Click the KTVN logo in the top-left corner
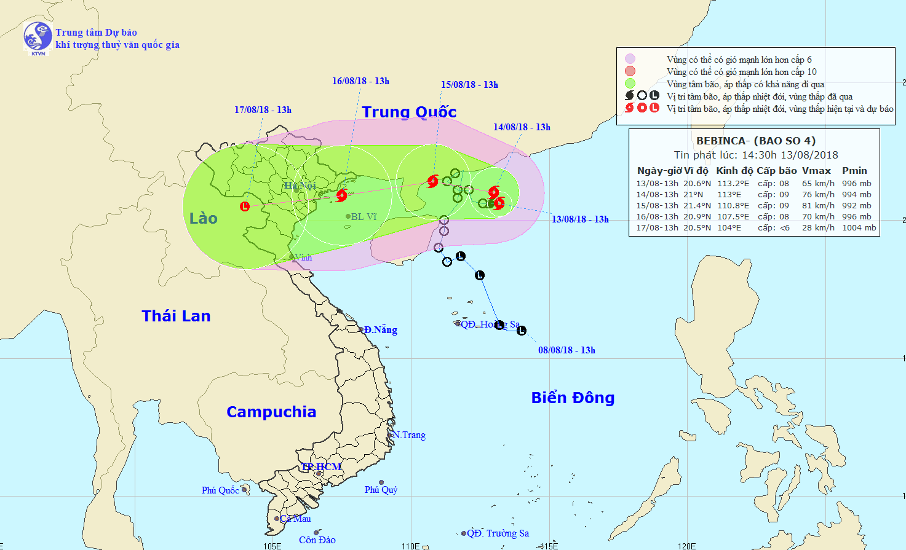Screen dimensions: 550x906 [x=38, y=38]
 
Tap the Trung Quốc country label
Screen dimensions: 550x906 [x=409, y=112]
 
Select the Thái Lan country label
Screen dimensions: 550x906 [x=176, y=316]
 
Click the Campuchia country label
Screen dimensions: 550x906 [x=271, y=412]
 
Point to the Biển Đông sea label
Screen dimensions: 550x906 [x=573, y=398]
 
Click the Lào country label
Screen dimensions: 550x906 [x=203, y=218]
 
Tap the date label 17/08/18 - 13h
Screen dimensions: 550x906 [x=263, y=110]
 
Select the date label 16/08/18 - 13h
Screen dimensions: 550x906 [x=360, y=81]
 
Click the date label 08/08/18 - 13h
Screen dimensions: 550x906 [x=566, y=350]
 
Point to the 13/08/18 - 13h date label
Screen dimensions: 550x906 [x=580, y=219]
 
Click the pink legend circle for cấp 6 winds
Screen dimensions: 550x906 [x=630, y=59]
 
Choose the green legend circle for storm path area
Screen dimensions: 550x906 [x=630, y=84]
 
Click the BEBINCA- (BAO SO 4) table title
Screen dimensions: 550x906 [x=756, y=141]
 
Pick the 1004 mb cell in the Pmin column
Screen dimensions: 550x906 [x=859, y=227]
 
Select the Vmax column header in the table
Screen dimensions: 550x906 [x=816, y=171]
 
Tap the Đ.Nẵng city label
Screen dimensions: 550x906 [x=380, y=330]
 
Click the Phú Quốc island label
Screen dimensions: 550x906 [x=220, y=490]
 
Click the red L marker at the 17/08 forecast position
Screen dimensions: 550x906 [x=245, y=206]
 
